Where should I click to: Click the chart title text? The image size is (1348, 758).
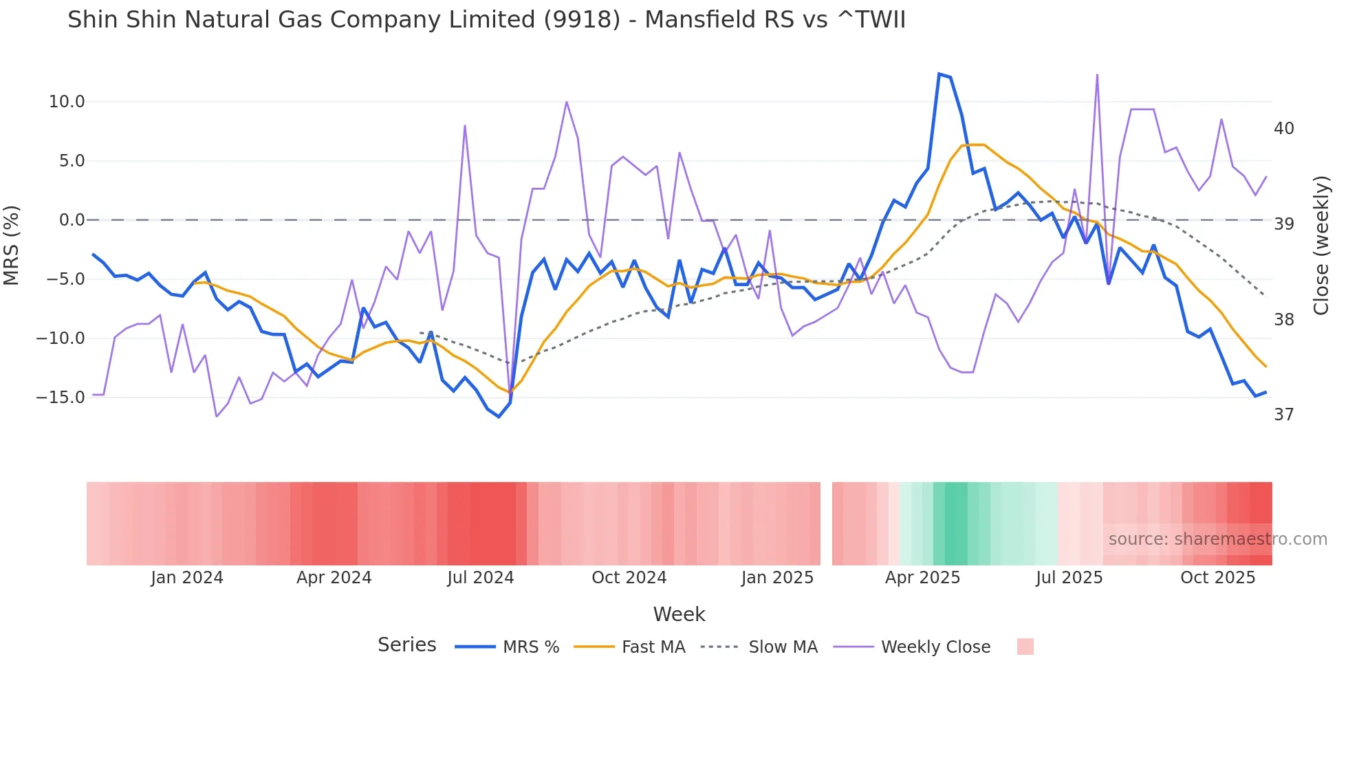coord(486,20)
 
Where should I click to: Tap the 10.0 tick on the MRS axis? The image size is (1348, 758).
coord(66,102)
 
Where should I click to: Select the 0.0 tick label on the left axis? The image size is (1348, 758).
coord(72,220)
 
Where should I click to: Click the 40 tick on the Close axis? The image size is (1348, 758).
coord(1283,129)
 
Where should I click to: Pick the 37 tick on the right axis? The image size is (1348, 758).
coord(1283,415)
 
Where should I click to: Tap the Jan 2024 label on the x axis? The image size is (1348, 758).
coord(187,578)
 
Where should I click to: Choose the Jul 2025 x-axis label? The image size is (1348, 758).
coord(1069,578)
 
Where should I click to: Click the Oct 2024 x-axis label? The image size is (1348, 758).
coord(629,578)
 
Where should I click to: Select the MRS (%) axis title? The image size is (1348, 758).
coord(12,245)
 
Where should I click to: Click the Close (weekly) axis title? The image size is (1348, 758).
coord(1320,245)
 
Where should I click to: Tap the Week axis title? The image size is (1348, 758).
coord(679,614)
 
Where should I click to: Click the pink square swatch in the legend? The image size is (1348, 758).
coord(1025,647)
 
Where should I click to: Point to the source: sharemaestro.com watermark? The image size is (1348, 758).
coord(1217,539)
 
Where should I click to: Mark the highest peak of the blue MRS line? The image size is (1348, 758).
coord(939,74)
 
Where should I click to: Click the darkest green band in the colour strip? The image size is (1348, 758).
coord(956,523)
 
